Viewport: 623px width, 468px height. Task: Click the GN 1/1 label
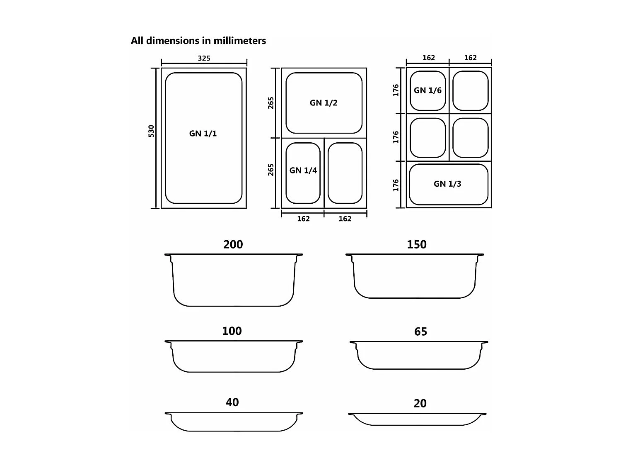tap(203, 134)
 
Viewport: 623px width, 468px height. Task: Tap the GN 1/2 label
tap(324, 103)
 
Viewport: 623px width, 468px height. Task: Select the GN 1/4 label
tap(303, 171)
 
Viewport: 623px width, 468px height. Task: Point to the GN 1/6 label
tap(427, 90)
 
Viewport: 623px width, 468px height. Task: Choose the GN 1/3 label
tap(447, 184)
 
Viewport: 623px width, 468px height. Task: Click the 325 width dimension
tap(204, 58)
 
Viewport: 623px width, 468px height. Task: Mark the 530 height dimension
tap(152, 131)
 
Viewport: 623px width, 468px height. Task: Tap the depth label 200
tap(233, 245)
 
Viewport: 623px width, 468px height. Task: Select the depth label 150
tap(416, 245)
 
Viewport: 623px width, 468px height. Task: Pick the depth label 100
tap(232, 331)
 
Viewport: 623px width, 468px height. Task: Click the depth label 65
tap(420, 332)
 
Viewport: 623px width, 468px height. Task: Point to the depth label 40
tap(232, 402)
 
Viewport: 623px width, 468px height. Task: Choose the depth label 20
tap(420, 404)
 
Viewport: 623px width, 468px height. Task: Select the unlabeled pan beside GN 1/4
tap(345, 173)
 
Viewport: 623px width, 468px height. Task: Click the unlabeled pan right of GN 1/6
tap(471, 90)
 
